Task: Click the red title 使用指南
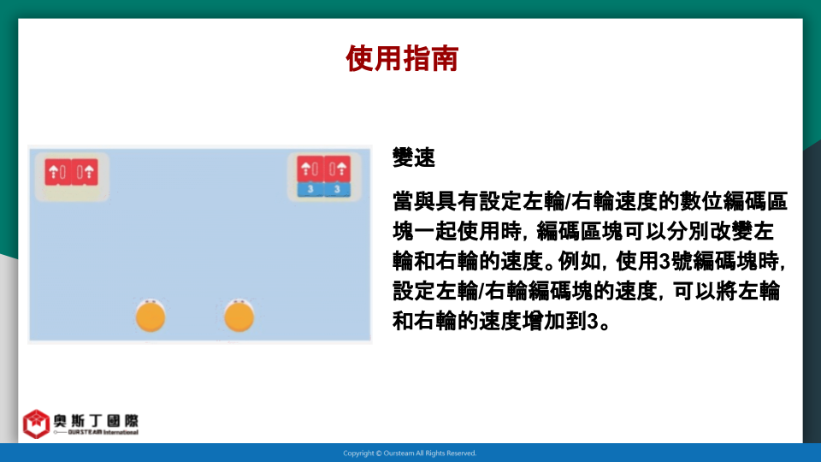402,58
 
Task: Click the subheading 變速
414,157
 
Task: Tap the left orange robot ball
151,316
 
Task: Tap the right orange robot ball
239,316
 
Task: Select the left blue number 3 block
310,189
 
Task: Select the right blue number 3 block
337,189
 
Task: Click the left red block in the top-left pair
57,172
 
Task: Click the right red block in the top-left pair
85,172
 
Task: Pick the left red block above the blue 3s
310,169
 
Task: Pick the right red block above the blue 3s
337,169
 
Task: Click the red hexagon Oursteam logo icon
36,423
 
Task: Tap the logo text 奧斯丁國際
96,421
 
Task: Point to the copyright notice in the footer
410,453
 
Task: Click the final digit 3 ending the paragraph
592,321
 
